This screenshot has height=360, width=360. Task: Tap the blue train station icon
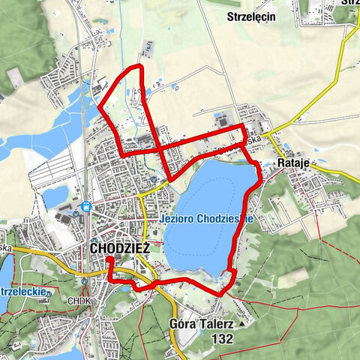point(86,206)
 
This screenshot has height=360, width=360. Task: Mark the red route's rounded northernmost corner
point(139,67)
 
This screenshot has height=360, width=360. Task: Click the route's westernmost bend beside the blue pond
point(100,106)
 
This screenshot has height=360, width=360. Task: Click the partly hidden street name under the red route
point(252,139)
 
